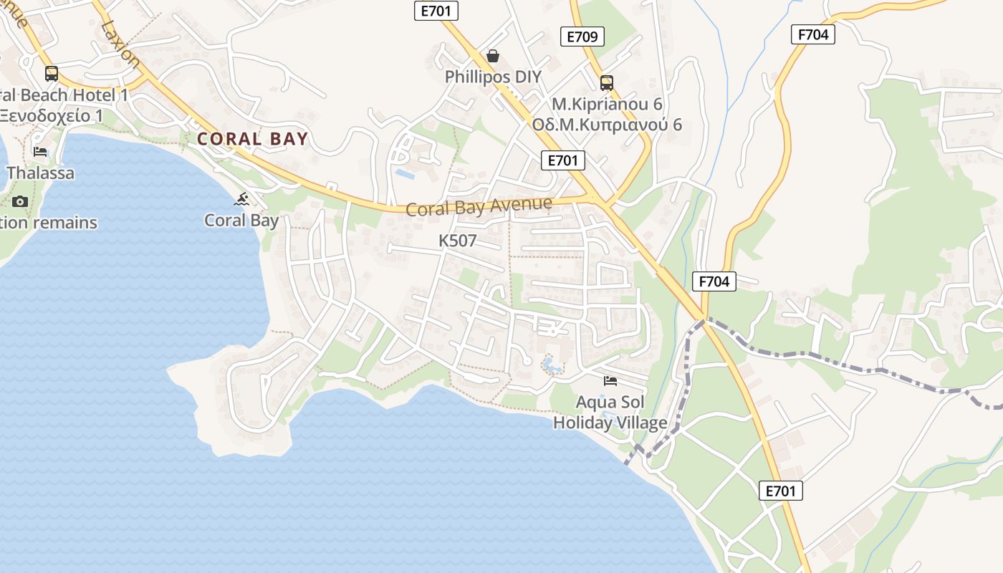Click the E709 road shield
(582, 37)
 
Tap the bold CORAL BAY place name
(253, 139)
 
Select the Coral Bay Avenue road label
(479, 206)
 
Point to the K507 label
(457, 241)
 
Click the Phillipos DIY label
(493, 77)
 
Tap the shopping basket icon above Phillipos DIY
(493, 56)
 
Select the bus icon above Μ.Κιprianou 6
(607, 82)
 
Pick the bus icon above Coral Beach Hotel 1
(52, 73)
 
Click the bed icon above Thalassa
(40, 152)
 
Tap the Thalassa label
(40, 173)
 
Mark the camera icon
(20, 201)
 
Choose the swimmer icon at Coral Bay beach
(241, 199)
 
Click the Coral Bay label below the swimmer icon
(241, 220)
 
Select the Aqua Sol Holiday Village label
(610, 412)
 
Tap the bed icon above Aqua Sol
(610, 380)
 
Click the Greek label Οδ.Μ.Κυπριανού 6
(607, 125)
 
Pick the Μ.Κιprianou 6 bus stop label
(607, 104)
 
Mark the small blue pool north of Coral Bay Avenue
(404, 173)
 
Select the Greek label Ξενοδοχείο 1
(52, 115)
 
